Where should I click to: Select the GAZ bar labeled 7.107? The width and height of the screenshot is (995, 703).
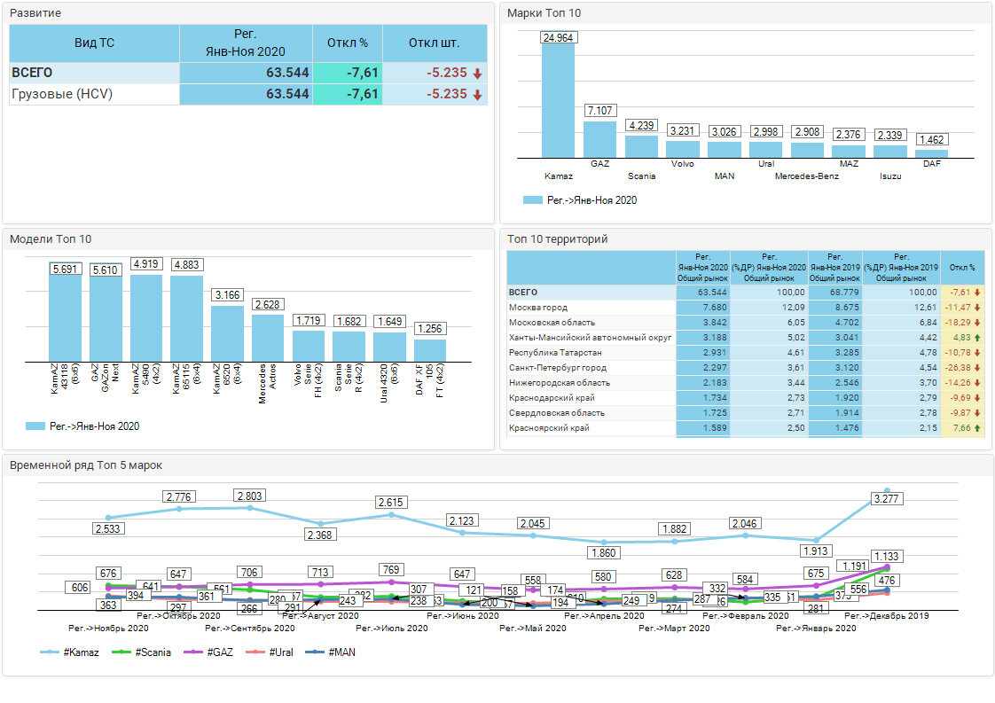(x=599, y=139)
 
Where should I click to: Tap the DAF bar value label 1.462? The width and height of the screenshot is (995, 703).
(x=931, y=140)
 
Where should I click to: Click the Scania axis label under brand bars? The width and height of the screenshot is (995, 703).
(x=641, y=176)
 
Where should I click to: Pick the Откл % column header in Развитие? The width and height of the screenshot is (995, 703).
(x=347, y=43)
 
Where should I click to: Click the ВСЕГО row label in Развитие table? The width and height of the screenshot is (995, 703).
(x=32, y=73)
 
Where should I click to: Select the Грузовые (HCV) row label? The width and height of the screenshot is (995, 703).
(x=62, y=94)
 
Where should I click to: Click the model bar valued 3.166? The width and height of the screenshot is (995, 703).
(x=227, y=332)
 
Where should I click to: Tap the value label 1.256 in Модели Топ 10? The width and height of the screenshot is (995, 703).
(x=430, y=329)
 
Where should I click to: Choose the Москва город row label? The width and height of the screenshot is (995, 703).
(x=538, y=308)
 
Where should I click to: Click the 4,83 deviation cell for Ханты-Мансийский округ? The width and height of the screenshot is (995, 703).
(x=962, y=338)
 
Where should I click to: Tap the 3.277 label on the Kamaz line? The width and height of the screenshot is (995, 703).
(x=887, y=500)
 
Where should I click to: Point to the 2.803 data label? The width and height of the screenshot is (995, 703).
(x=250, y=496)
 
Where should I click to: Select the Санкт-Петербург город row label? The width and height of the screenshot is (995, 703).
(x=558, y=368)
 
